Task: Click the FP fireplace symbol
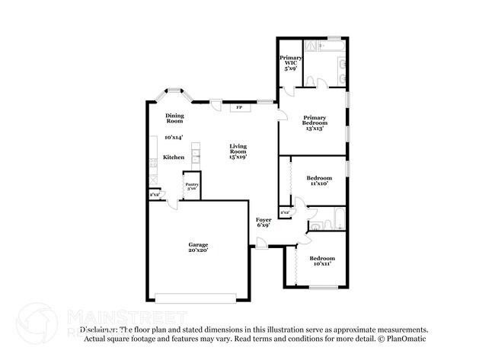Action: coord(238,108)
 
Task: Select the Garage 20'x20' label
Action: coord(198,247)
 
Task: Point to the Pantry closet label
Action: coord(191,186)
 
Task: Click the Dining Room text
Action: coord(175,118)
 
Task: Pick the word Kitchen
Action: coord(174,158)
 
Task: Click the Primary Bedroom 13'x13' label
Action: coord(315,123)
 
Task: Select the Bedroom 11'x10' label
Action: coord(320,180)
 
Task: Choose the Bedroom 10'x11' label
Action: coord(321,262)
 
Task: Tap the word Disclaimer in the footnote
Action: coord(100,330)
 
